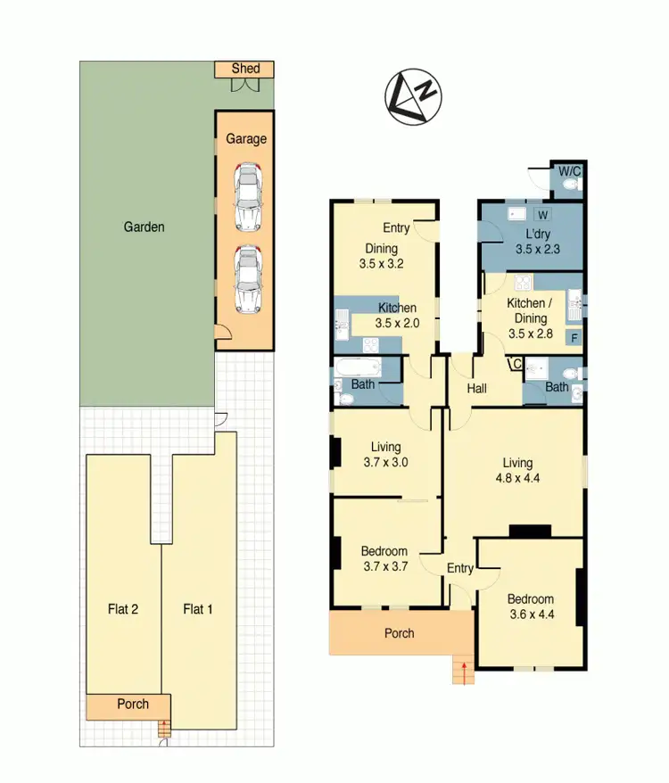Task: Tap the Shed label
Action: pyautogui.click(x=245, y=69)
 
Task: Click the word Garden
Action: pyautogui.click(x=144, y=227)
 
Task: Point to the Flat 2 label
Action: pyautogui.click(x=122, y=610)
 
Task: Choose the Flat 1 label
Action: pyautogui.click(x=198, y=610)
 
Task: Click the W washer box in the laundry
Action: pyautogui.click(x=543, y=215)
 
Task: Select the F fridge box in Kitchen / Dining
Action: pyautogui.click(x=574, y=338)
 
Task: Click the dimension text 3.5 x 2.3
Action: pyautogui.click(x=538, y=251)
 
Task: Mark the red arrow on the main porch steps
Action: pyautogui.click(x=463, y=673)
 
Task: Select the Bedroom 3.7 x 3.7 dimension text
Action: pyautogui.click(x=384, y=566)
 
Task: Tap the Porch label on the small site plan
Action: pyautogui.click(x=134, y=705)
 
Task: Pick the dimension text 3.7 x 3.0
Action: pyautogui.click(x=385, y=463)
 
